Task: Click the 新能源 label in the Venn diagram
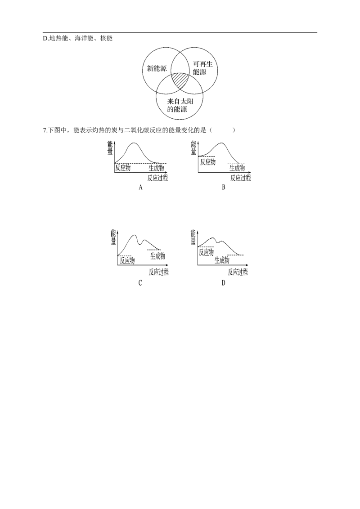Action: (x=157, y=68)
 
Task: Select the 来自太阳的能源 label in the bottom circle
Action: (x=180, y=106)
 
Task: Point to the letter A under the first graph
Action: (x=140, y=188)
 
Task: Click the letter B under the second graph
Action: (x=224, y=188)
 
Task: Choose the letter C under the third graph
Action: (x=140, y=283)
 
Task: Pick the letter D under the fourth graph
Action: (x=223, y=283)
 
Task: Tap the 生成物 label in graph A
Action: (x=157, y=168)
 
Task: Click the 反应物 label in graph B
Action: (x=207, y=162)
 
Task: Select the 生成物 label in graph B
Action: (x=237, y=168)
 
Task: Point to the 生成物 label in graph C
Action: (x=157, y=256)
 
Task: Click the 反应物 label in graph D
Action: (x=206, y=252)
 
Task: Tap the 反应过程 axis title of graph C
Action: (x=159, y=272)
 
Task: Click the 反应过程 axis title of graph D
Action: (x=238, y=272)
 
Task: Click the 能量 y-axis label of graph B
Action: (x=193, y=147)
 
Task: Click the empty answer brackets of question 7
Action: (x=223, y=130)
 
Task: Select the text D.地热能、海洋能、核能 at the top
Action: (x=78, y=38)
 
